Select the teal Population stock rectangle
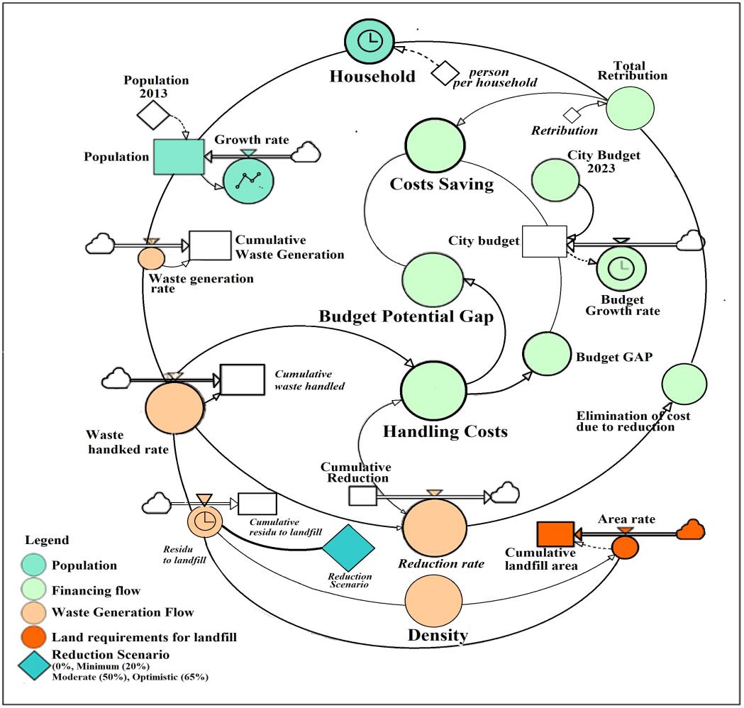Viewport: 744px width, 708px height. coord(178,157)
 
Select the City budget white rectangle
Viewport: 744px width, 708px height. coord(544,241)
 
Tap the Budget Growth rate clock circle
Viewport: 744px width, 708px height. coord(622,265)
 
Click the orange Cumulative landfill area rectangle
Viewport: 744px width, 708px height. coord(555,533)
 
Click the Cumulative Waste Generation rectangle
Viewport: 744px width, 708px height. coord(210,245)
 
